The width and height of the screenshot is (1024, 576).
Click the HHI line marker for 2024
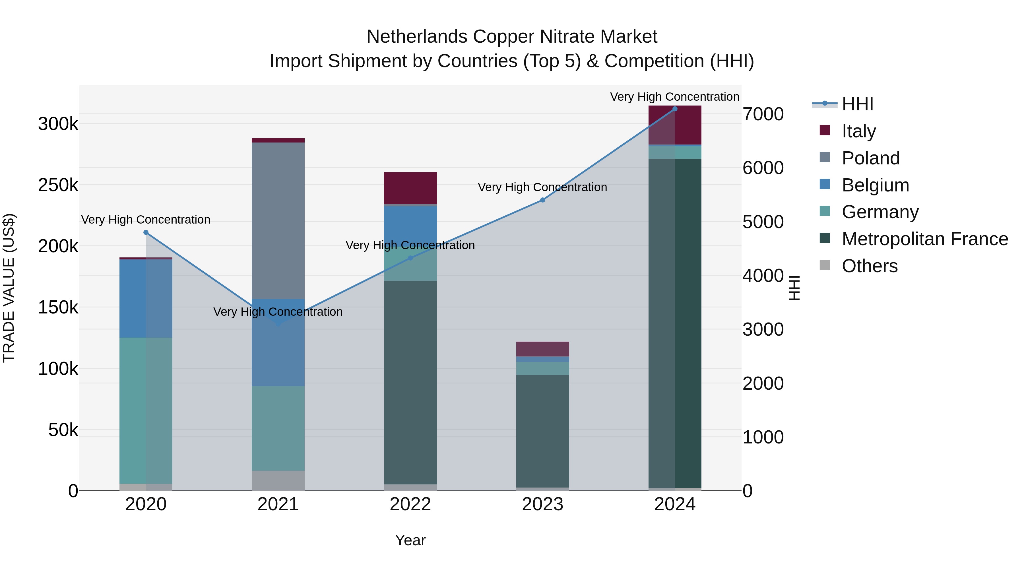click(675, 109)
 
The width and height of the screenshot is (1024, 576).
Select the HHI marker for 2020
click(146, 233)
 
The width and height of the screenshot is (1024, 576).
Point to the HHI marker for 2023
click(543, 200)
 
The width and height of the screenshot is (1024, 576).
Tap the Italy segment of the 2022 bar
click(410, 188)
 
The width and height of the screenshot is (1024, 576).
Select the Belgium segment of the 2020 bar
click(146, 298)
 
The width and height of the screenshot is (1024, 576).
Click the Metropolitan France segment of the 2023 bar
click(543, 431)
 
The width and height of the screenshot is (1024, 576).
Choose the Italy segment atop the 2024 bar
click(675, 125)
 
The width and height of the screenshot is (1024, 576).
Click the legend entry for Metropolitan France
click(925, 239)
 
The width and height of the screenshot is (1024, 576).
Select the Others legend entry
click(869, 266)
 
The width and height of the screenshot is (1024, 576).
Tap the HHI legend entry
click(857, 104)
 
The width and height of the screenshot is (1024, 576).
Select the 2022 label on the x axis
click(410, 504)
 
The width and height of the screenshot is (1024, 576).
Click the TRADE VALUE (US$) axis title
click(9, 288)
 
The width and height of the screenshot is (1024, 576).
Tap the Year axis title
click(410, 540)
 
